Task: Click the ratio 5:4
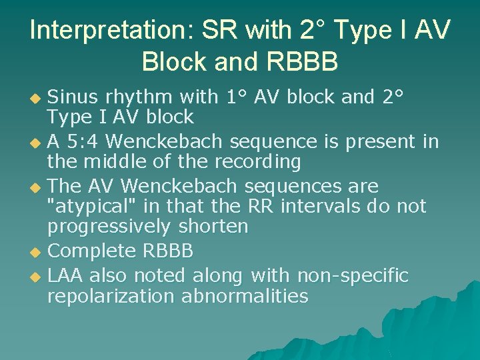(x=84, y=142)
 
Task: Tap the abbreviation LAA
(x=66, y=275)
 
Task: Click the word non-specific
(x=353, y=275)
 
